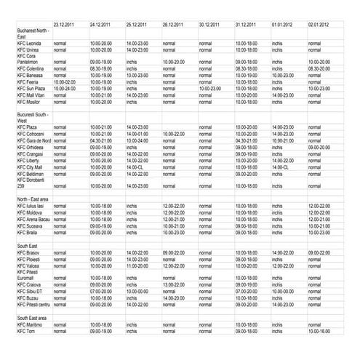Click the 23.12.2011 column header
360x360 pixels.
point(64,24)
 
